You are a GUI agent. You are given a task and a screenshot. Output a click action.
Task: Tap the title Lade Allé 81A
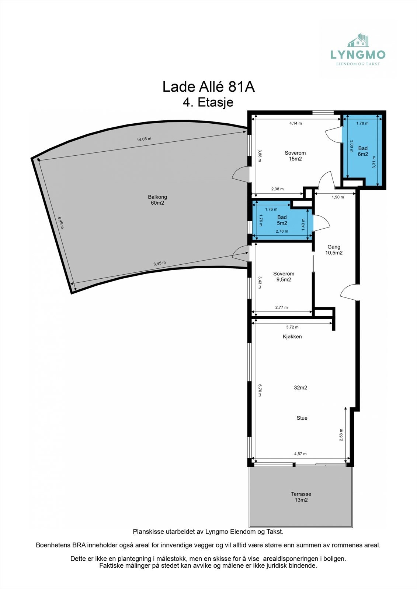click(x=208, y=87)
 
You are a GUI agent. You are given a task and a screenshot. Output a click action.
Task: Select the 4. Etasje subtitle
click(x=208, y=102)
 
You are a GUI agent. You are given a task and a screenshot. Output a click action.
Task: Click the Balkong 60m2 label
click(x=157, y=200)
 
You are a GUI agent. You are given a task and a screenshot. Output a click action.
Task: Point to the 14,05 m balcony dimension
click(x=144, y=139)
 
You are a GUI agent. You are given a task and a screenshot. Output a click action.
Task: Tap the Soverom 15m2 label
click(x=295, y=156)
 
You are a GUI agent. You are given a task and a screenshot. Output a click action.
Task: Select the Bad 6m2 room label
click(x=363, y=151)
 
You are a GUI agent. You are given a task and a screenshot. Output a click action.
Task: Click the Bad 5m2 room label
click(x=282, y=220)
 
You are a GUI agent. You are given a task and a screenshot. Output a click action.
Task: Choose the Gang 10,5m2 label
click(x=334, y=250)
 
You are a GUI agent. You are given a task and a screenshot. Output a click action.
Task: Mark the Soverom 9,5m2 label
click(x=284, y=276)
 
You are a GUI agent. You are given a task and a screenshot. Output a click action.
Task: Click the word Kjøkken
click(x=292, y=336)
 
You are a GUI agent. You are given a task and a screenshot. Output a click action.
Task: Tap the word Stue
click(x=302, y=418)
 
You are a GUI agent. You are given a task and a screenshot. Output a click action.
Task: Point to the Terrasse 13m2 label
click(x=301, y=497)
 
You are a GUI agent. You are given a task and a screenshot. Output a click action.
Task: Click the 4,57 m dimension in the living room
click(x=300, y=454)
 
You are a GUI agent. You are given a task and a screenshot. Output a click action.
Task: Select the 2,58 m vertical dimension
click(x=341, y=435)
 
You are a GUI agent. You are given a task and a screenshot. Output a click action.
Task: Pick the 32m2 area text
click(x=300, y=388)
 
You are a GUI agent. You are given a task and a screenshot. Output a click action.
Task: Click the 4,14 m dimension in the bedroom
click(x=295, y=123)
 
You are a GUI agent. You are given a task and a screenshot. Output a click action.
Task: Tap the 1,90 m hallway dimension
click(x=338, y=197)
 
